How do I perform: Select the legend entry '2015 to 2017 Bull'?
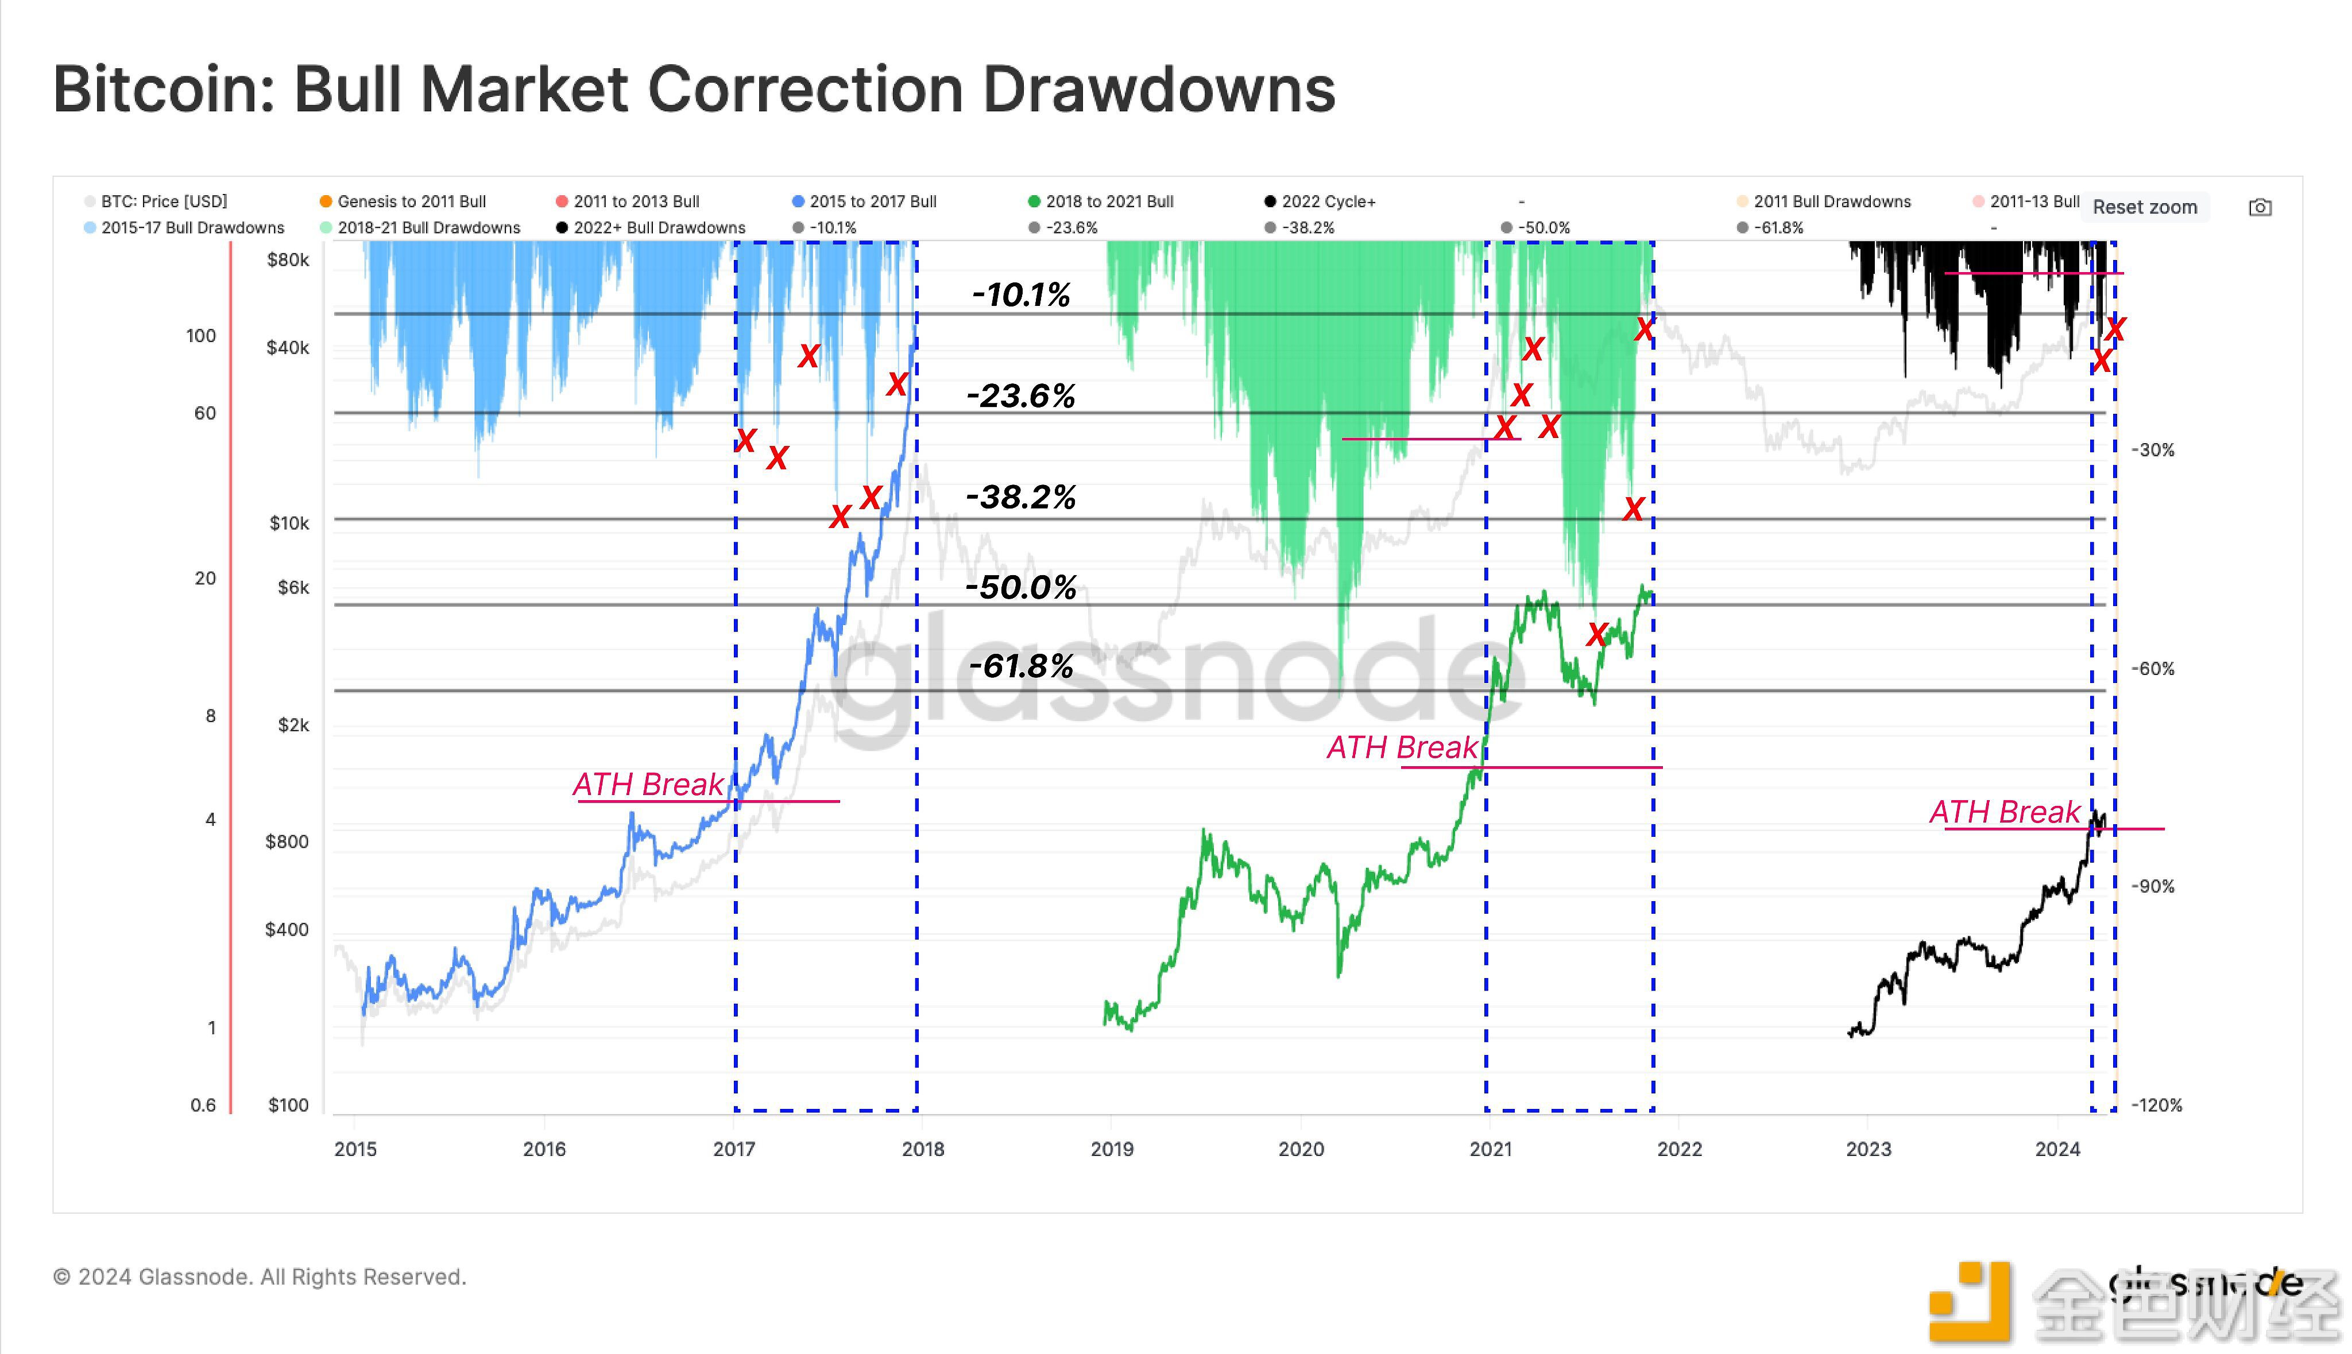pyautogui.click(x=872, y=201)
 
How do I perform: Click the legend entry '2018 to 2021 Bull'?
pyautogui.click(x=1108, y=201)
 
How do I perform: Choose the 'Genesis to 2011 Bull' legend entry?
pyautogui.click(x=411, y=201)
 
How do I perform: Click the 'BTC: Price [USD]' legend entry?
pyautogui.click(x=163, y=201)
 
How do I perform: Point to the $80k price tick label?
pyautogui.click(x=288, y=259)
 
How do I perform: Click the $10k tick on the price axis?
pyautogui.click(x=289, y=523)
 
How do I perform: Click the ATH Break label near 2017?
pyautogui.click(x=648, y=784)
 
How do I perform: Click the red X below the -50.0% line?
pyautogui.click(x=1596, y=635)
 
